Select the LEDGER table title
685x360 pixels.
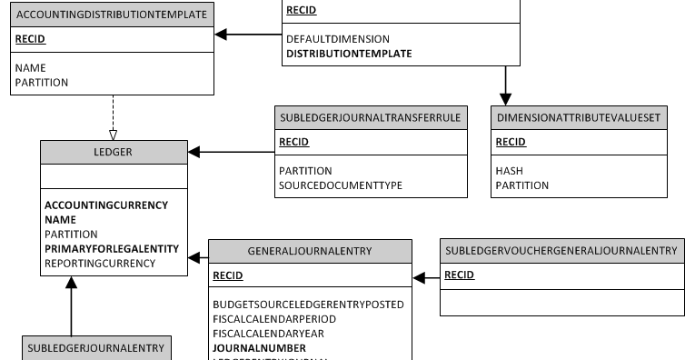point(113,152)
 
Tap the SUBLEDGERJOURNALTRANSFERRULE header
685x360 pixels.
point(370,117)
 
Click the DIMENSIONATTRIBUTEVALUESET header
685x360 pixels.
point(581,117)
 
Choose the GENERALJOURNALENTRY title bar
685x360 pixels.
point(310,251)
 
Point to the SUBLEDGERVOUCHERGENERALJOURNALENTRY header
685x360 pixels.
point(562,251)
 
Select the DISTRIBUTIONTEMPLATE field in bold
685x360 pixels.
point(349,54)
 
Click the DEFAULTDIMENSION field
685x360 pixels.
point(338,39)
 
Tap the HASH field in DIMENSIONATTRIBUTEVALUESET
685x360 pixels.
point(509,171)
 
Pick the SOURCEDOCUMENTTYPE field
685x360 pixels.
point(340,185)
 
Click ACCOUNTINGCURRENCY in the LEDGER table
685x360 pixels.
point(106,205)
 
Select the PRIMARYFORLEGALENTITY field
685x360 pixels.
point(112,248)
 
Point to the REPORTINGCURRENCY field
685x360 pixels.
point(100,263)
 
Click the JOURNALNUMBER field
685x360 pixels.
point(259,347)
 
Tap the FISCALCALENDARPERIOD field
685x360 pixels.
point(273,319)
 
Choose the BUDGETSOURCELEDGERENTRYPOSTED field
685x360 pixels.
point(308,305)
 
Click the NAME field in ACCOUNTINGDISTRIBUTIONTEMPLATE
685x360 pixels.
point(30,68)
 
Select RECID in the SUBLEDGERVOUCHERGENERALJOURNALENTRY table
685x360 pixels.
point(459,275)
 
